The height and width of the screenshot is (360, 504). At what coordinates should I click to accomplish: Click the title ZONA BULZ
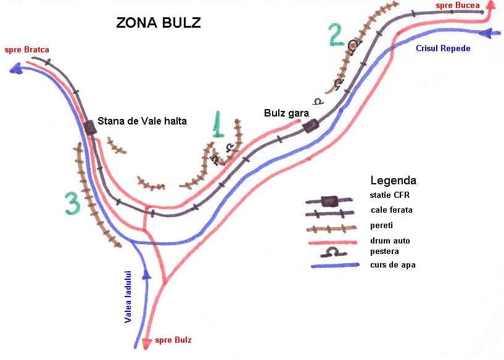tap(159, 23)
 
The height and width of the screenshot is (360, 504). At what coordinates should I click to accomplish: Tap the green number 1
tap(218, 125)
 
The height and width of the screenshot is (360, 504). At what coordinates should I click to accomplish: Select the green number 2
tap(336, 35)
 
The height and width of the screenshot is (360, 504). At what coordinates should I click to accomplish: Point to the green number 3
tap(72, 203)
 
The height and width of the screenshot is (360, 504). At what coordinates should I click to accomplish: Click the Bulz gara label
tap(286, 113)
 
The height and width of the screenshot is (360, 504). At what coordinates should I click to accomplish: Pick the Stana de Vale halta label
tap(142, 121)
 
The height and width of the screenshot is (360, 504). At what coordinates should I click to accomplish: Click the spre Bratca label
tap(27, 50)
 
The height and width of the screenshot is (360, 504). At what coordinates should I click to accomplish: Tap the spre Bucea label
tap(458, 6)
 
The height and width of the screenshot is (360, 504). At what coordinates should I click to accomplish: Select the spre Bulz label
tap(173, 340)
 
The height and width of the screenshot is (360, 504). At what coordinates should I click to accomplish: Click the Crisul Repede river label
tap(444, 49)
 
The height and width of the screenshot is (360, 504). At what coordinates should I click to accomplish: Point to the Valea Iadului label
tap(128, 297)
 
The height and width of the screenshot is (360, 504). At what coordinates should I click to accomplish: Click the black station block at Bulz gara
tap(310, 126)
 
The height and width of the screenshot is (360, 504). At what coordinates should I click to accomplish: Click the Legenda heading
tap(394, 181)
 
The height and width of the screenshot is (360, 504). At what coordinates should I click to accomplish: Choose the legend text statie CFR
tap(390, 195)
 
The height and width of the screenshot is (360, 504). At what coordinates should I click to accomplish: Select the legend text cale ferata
tap(392, 210)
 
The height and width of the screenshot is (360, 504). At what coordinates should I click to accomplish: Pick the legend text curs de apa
tap(393, 265)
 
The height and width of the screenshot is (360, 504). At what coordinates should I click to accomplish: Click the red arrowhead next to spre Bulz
tap(147, 343)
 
